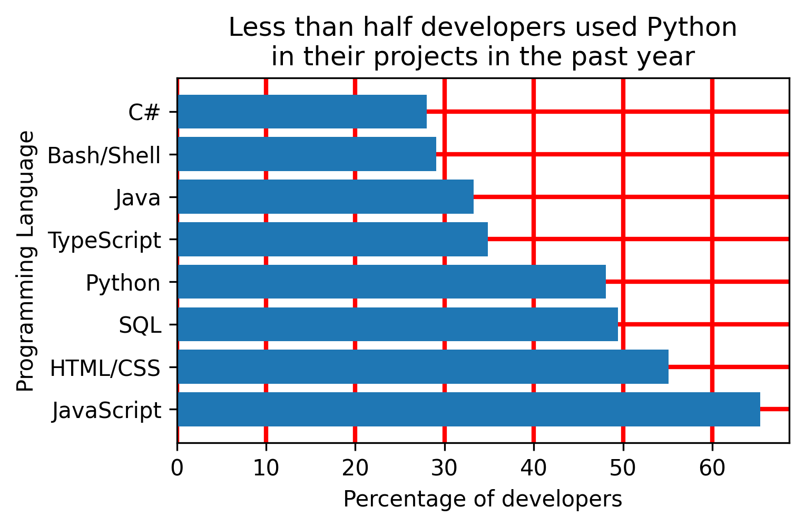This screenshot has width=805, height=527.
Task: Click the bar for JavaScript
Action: (x=469, y=409)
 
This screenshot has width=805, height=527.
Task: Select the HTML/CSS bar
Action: (x=423, y=366)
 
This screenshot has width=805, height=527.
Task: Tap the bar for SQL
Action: (x=398, y=324)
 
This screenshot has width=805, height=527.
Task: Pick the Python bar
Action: (x=391, y=282)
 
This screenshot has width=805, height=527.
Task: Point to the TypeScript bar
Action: (x=332, y=239)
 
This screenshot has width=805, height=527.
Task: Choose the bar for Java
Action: (x=326, y=196)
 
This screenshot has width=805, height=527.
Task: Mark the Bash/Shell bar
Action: (x=307, y=154)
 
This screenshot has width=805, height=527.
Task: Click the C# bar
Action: (x=302, y=112)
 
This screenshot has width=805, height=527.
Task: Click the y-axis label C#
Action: (x=144, y=112)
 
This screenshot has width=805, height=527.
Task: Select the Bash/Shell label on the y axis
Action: (x=104, y=155)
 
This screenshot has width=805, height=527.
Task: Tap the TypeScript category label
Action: (x=104, y=241)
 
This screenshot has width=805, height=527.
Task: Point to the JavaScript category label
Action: (x=106, y=411)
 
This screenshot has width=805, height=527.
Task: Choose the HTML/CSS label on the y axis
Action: (x=105, y=368)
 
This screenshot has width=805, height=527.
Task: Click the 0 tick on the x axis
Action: (x=177, y=467)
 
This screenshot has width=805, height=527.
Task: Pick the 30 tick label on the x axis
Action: (x=445, y=467)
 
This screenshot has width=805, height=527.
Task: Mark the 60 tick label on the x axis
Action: (x=712, y=467)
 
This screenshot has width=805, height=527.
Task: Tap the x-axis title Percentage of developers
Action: (x=483, y=499)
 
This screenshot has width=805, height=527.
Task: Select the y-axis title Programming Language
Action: (x=25, y=261)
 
